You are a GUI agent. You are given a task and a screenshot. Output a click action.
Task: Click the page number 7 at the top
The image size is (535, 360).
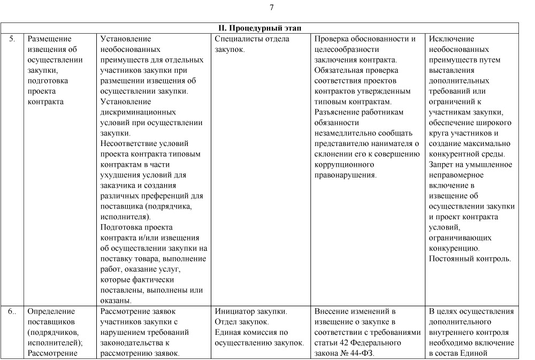[x=272, y=7]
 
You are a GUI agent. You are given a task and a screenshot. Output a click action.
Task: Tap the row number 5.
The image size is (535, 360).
[x=12, y=39]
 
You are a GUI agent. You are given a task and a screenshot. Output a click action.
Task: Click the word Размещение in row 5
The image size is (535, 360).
[x=49, y=39]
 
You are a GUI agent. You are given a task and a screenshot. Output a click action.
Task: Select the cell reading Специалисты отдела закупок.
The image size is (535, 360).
[x=252, y=44]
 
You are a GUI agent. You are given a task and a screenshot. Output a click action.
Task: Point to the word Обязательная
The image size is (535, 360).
[x=340, y=70]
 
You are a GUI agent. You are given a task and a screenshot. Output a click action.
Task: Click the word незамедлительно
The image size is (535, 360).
[x=347, y=133]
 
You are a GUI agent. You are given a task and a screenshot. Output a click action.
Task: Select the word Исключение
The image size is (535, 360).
[x=452, y=39]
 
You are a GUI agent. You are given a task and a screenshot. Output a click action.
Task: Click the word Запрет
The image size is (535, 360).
[x=441, y=164]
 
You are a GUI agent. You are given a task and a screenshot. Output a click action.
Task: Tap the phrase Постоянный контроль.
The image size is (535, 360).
[x=470, y=259]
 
